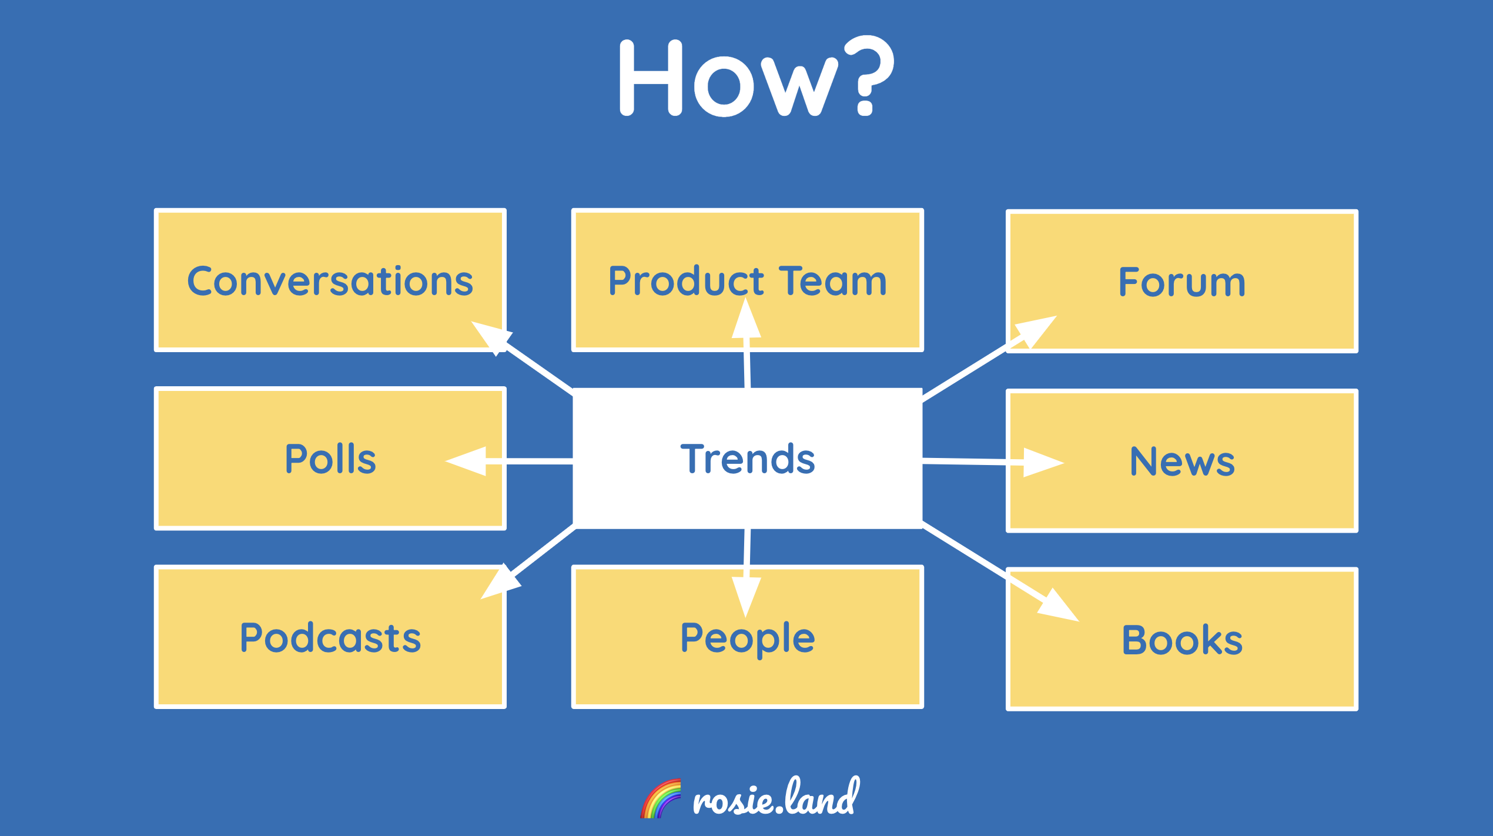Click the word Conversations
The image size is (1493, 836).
point(330,281)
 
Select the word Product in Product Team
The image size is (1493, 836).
point(686,281)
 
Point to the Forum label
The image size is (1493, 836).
point(1182,282)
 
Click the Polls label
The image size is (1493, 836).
point(330,459)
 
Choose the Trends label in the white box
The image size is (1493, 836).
point(748,459)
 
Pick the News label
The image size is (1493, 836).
point(1182,462)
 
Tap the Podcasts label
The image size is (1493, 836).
point(330,638)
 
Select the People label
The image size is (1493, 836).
point(748,639)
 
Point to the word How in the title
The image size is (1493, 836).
point(729,78)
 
